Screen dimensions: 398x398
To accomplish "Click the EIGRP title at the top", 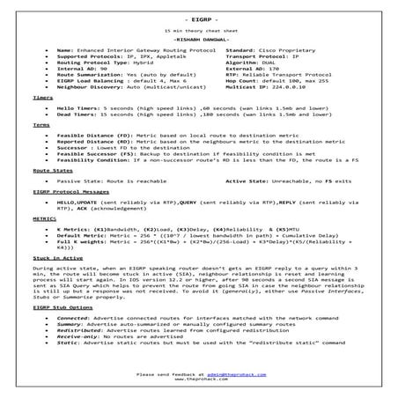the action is (199, 18).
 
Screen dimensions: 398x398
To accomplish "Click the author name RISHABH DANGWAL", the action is (199, 40).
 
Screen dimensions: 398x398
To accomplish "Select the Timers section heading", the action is (41, 99).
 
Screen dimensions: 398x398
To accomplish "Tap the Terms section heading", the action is (41, 126).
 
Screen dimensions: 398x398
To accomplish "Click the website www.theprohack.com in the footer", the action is (199, 380).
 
